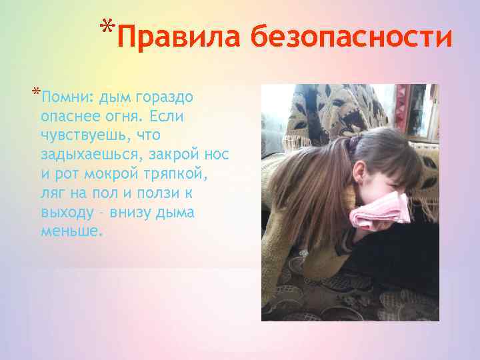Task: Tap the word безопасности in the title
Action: click(x=352, y=39)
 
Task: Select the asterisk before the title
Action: click(x=107, y=27)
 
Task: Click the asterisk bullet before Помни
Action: click(x=35, y=93)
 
